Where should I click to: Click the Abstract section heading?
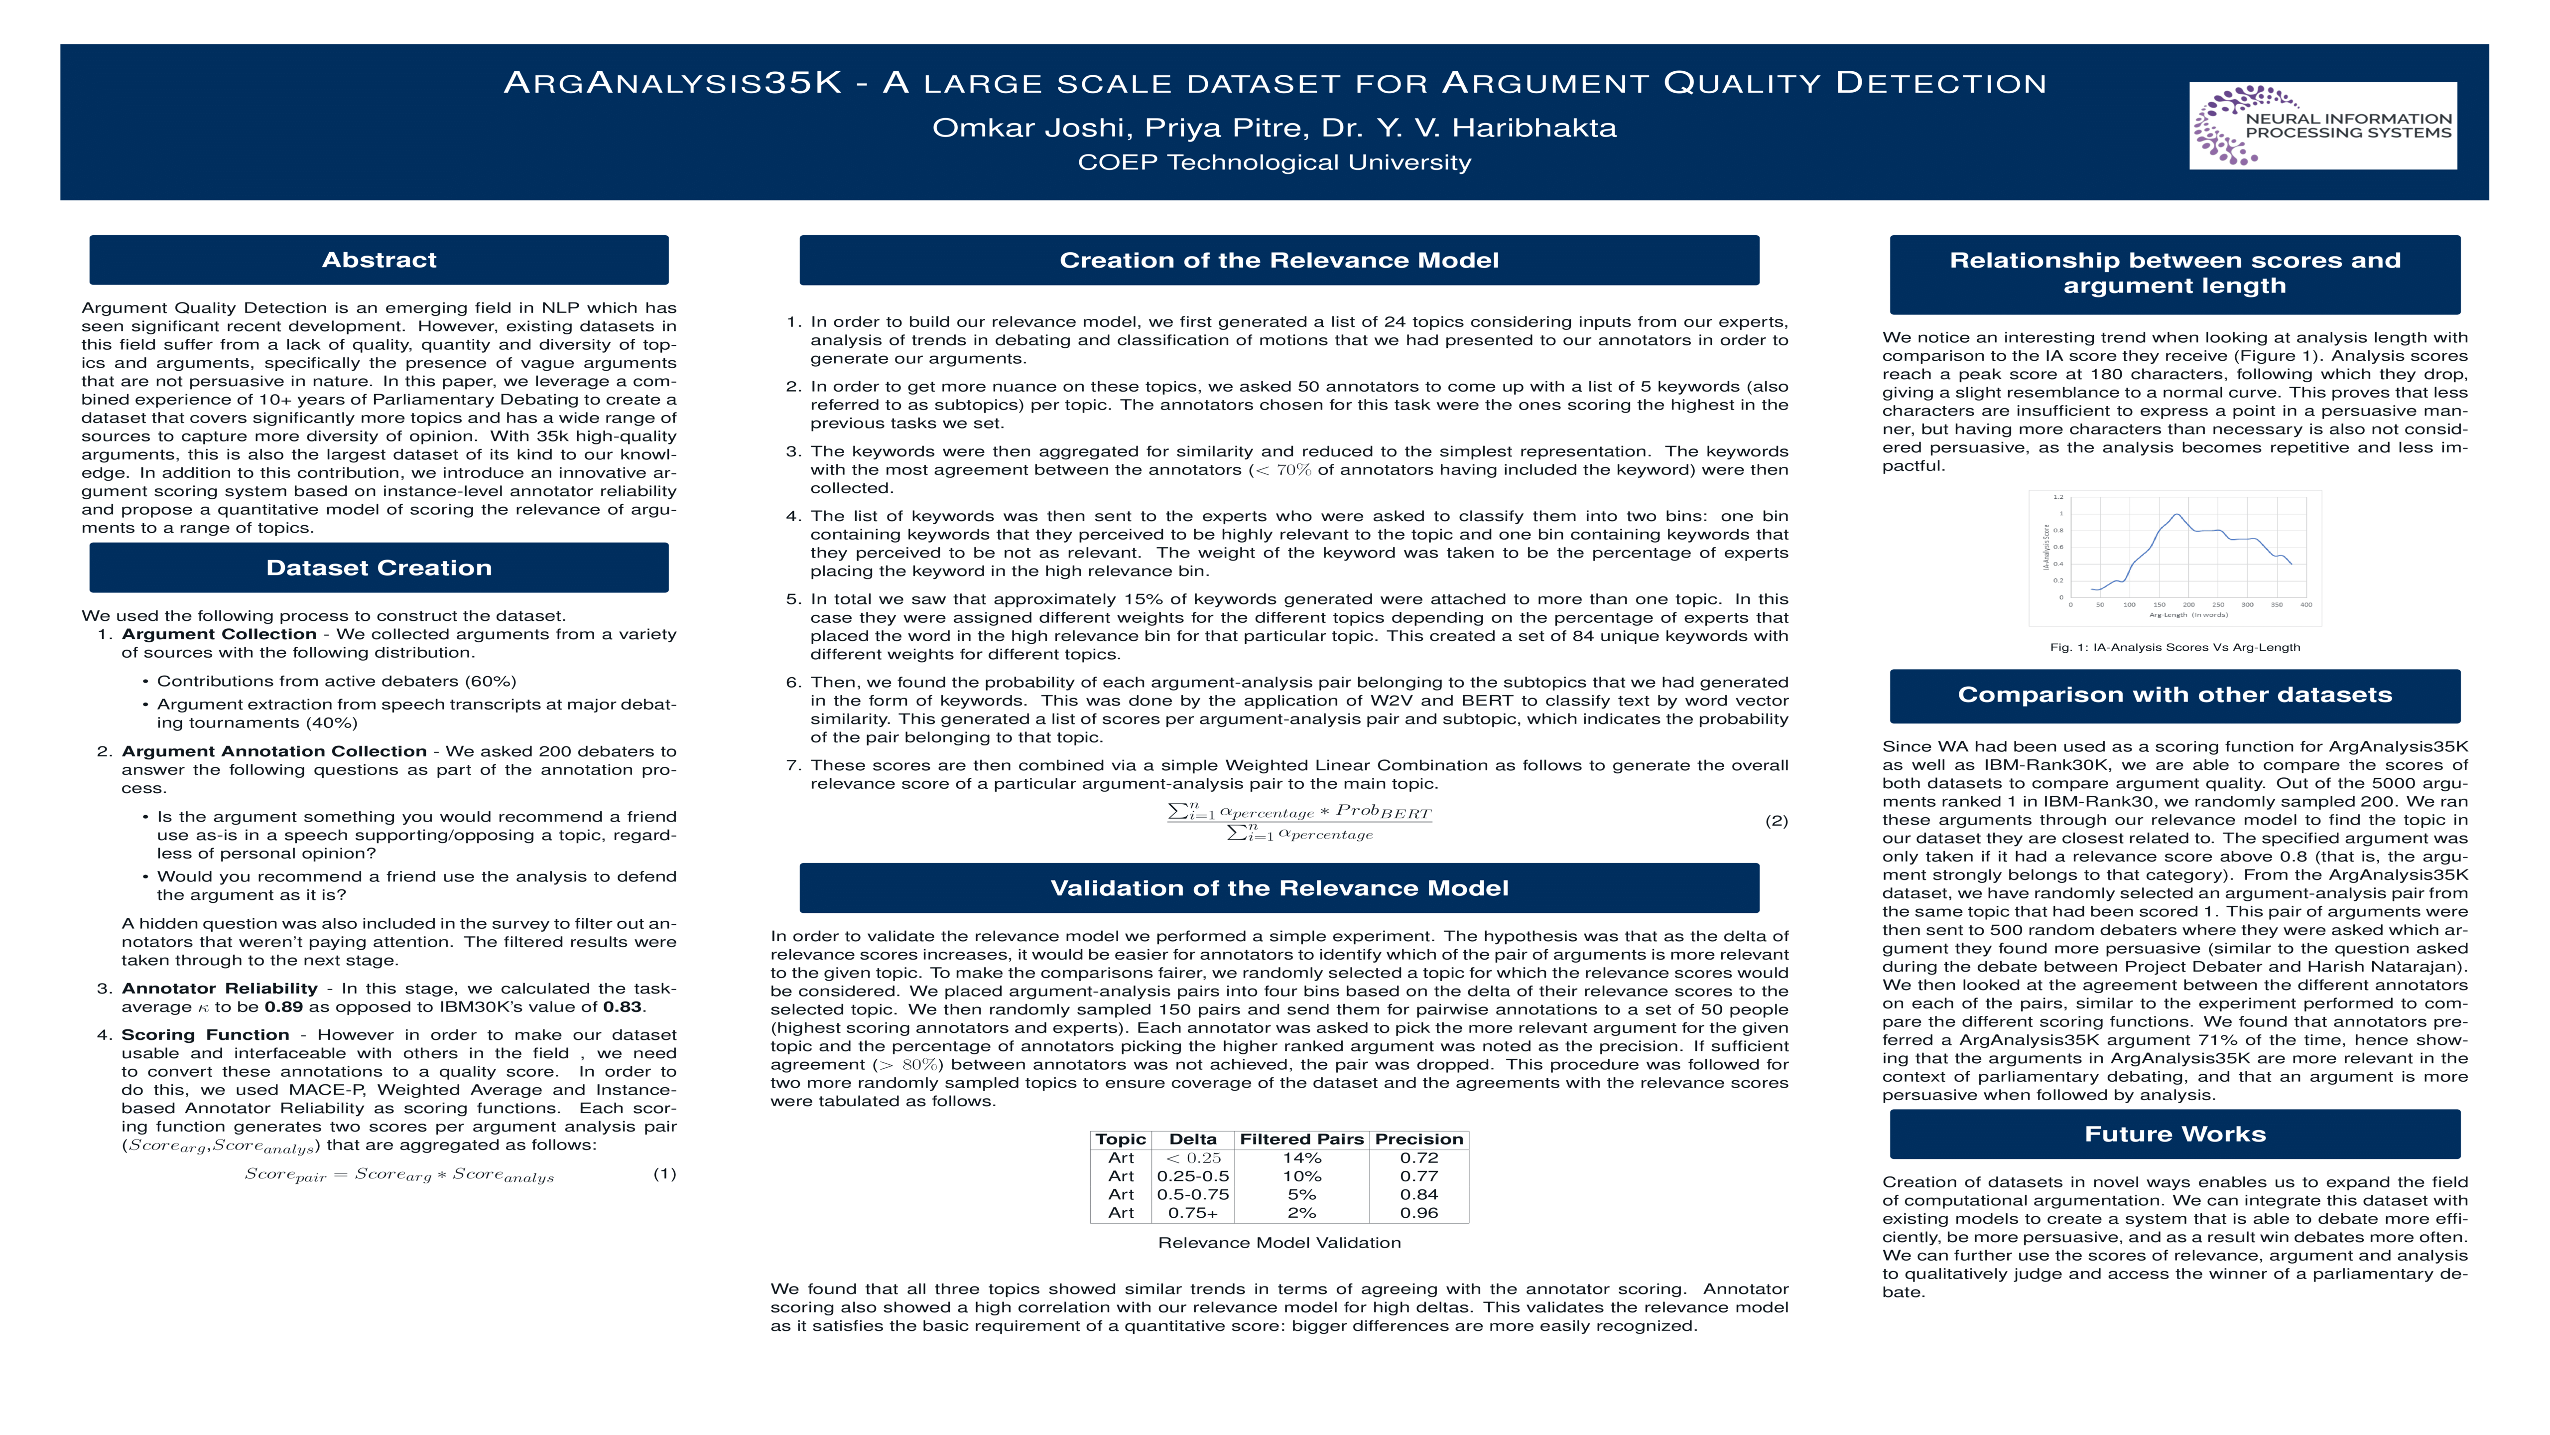pos(379,260)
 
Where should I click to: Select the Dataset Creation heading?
pos(379,568)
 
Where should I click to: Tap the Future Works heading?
pos(2175,1134)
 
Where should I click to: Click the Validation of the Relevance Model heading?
pos(1279,888)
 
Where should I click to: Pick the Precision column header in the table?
pos(1418,1140)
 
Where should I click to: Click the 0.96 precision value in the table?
pos(1418,1213)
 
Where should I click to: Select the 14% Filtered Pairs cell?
pos(1302,1157)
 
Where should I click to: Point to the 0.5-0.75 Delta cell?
pos(1193,1194)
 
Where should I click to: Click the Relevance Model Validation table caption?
pos(1279,1243)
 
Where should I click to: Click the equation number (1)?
pos(664,1174)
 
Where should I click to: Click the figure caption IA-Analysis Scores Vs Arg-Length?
pos(2175,648)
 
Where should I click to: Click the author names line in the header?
pos(1274,128)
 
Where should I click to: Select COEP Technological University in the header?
pos(1274,162)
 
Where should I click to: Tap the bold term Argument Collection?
pos(219,634)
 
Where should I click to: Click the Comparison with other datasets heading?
pos(2175,695)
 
